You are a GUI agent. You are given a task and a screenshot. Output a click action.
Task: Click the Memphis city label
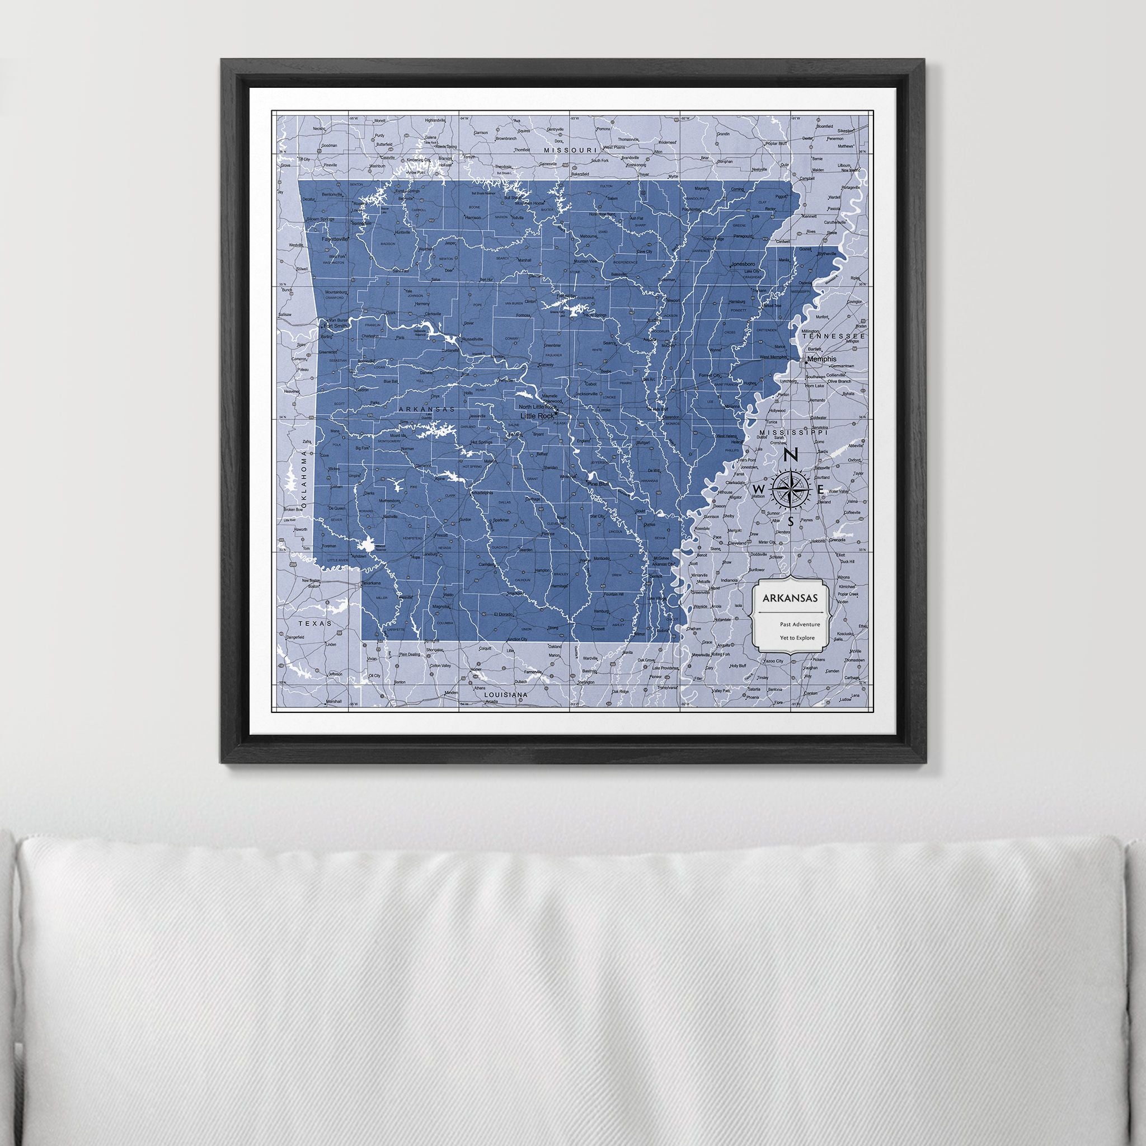point(822,359)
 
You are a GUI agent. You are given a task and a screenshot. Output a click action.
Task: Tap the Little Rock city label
point(536,416)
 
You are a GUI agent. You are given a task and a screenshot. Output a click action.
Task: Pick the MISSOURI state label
point(570,151)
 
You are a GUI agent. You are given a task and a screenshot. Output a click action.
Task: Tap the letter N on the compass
point(791,455)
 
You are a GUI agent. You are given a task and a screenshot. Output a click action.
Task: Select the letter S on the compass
point(791,523)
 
